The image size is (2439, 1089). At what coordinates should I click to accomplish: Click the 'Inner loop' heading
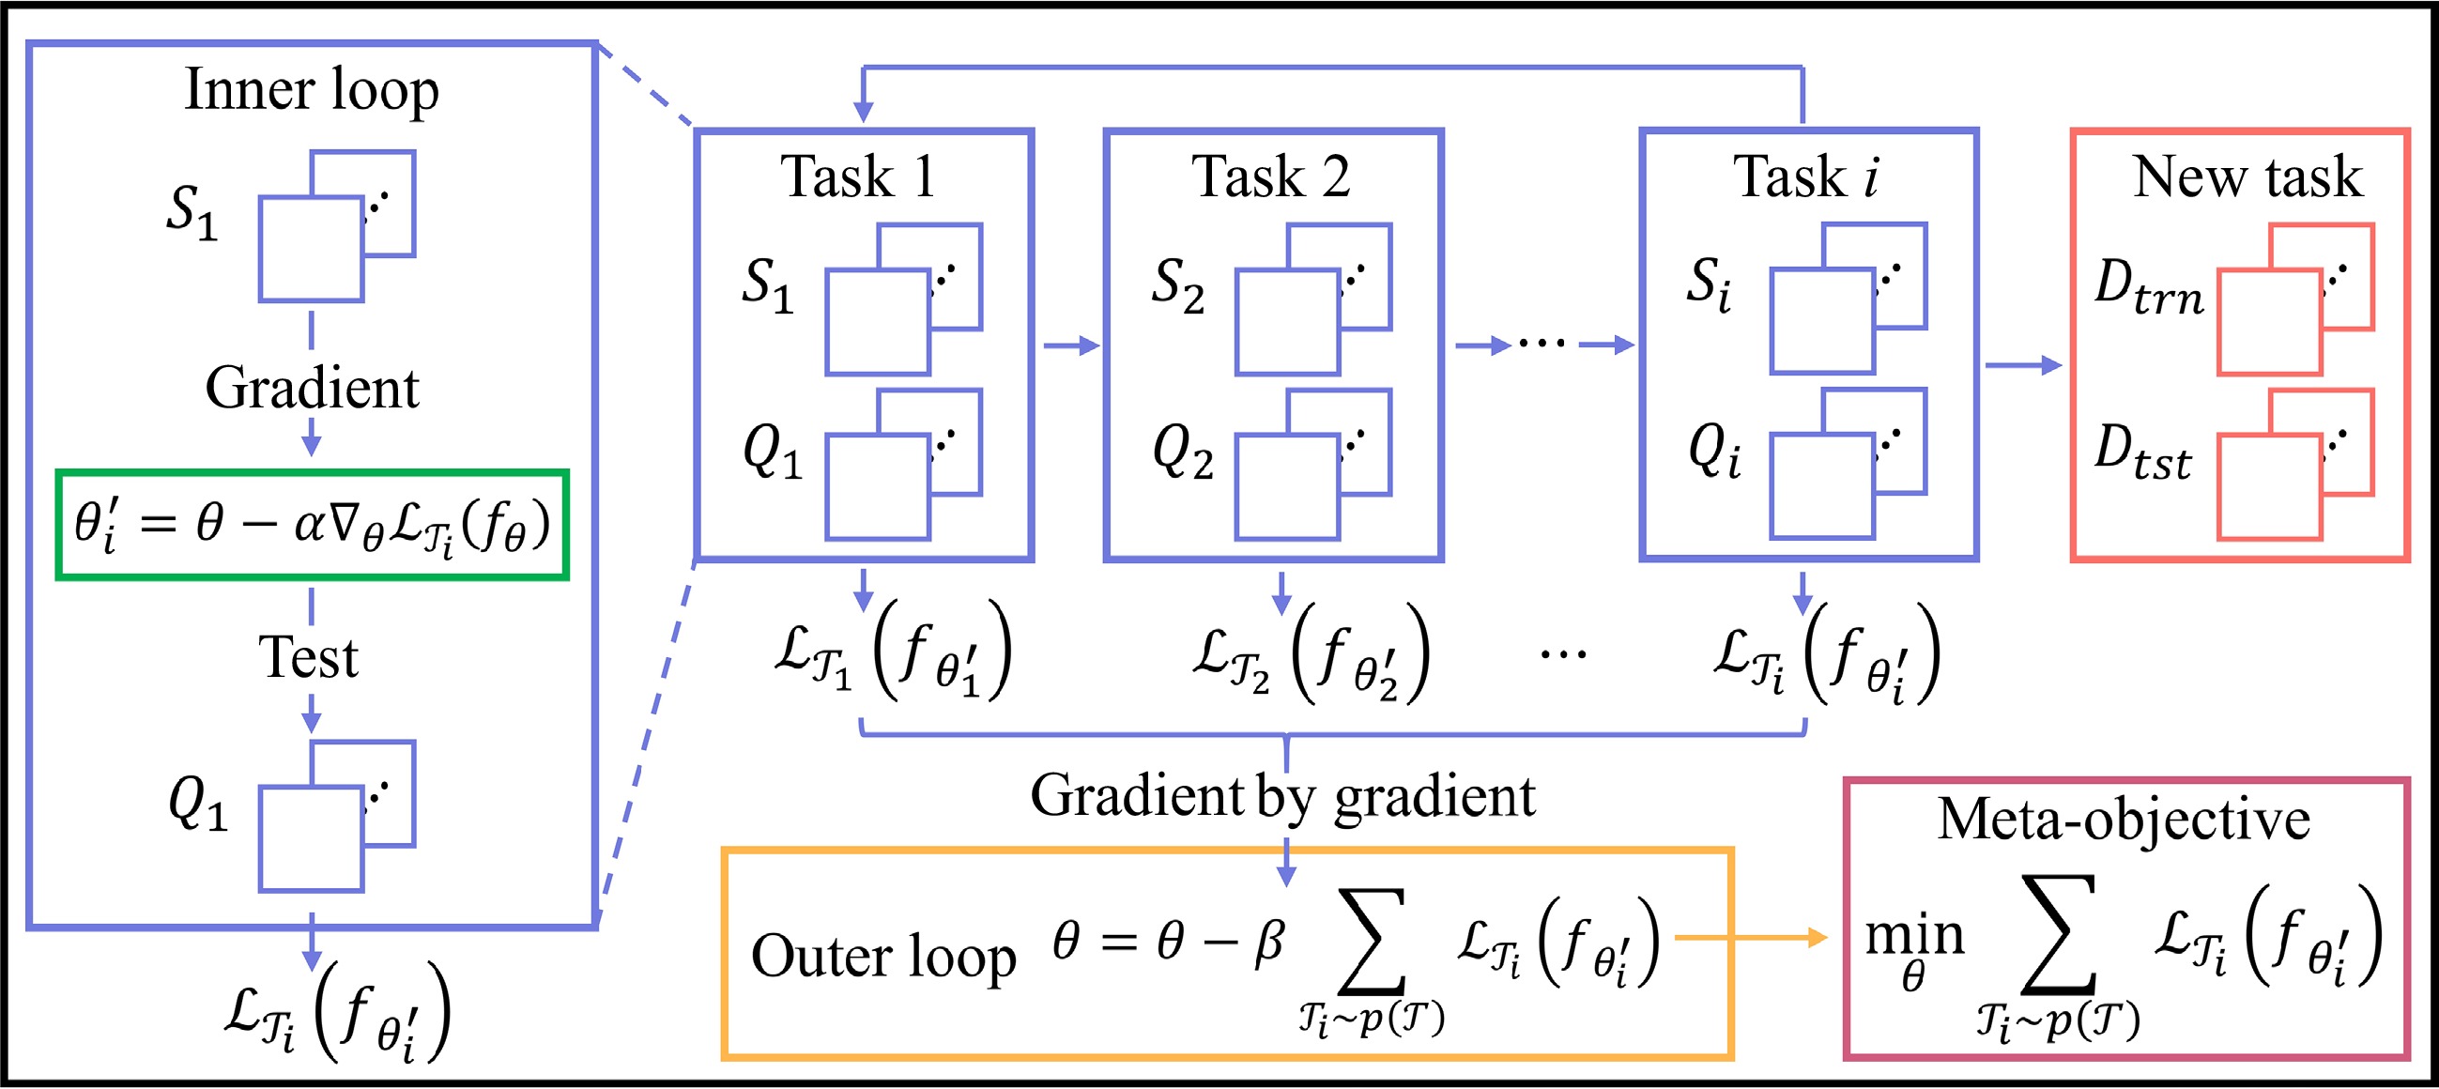(312, 92)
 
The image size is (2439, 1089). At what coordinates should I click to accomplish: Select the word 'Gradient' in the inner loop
(312, 389)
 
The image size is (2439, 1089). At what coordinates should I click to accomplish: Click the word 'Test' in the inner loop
(309, 657)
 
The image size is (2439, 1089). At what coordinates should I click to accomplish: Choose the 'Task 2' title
(1270, 177)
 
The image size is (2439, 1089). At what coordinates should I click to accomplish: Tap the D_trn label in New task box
(2148, 288)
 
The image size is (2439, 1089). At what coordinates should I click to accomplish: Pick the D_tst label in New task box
(2141, 452)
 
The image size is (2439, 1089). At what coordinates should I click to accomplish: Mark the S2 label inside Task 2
(1178, 286)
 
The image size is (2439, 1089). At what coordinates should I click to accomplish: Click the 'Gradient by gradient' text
(1282, 795)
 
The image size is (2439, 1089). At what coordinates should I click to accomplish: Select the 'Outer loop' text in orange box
(883, 957)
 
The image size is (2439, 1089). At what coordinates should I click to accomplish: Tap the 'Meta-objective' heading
(2124, 821)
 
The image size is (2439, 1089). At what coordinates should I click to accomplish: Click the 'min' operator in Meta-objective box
(1914, 938)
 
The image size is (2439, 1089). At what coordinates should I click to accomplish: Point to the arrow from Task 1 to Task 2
(1071, 345)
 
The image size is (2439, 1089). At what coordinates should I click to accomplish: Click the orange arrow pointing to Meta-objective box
(1751, 938)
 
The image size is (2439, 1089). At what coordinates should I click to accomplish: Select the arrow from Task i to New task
(2023, 364)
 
